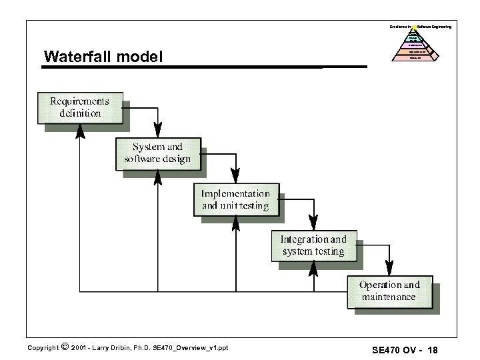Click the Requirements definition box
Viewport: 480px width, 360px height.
point(79,107)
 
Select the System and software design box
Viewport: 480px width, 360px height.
point(157,153)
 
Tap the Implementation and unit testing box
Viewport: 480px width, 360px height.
point(236,199)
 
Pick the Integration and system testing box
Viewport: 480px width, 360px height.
point(313,245)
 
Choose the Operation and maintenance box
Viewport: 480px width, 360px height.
point(389,291)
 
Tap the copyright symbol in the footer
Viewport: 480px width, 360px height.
point(64,346)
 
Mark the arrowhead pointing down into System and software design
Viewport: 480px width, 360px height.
point(157,129)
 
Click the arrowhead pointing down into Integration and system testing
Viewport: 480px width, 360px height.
point(313,221)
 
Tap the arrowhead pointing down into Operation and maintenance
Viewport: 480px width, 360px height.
point(389,267)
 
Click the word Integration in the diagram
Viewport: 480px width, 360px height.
point(303,239)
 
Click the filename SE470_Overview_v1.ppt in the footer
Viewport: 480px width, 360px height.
point(190,347)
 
